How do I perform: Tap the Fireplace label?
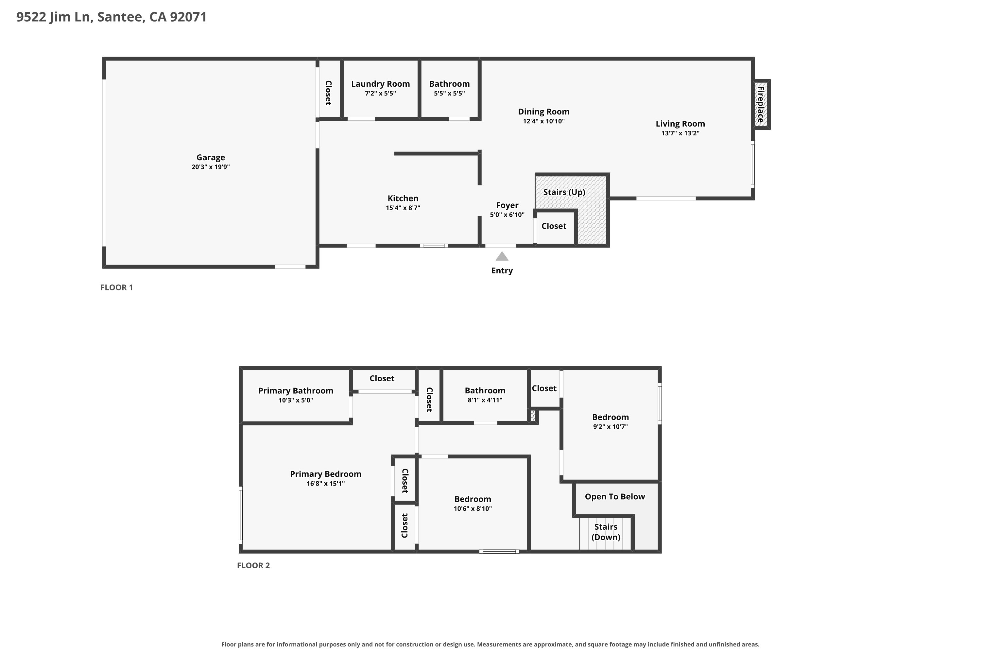[761, 104]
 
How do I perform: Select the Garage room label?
[211, 157]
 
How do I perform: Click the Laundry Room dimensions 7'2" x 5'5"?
[380, 94]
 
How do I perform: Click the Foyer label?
[507, 205]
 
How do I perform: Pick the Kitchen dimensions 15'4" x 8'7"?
[403, 208]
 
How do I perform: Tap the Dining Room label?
[543, 112]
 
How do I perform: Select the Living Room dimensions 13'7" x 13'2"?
[680, 133]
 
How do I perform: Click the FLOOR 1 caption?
[117, 287]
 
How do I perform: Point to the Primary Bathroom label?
[296, 391]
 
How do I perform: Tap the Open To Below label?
[615, 497]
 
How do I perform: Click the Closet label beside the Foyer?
[554, 226]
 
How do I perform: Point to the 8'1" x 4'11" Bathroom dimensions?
[485, 400]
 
